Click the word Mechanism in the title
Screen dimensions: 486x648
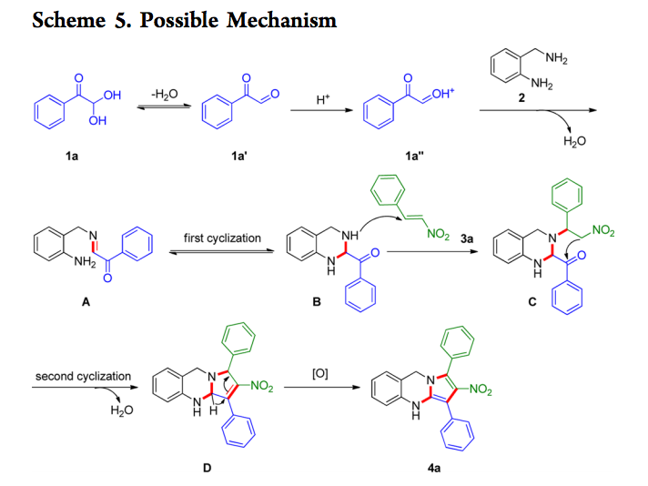pos(282,19)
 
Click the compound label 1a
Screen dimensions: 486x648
pos(71,157)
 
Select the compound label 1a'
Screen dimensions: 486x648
pos(239,157)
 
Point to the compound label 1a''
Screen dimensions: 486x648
pos(416,157)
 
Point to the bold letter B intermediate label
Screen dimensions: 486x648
pos(316,303)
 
